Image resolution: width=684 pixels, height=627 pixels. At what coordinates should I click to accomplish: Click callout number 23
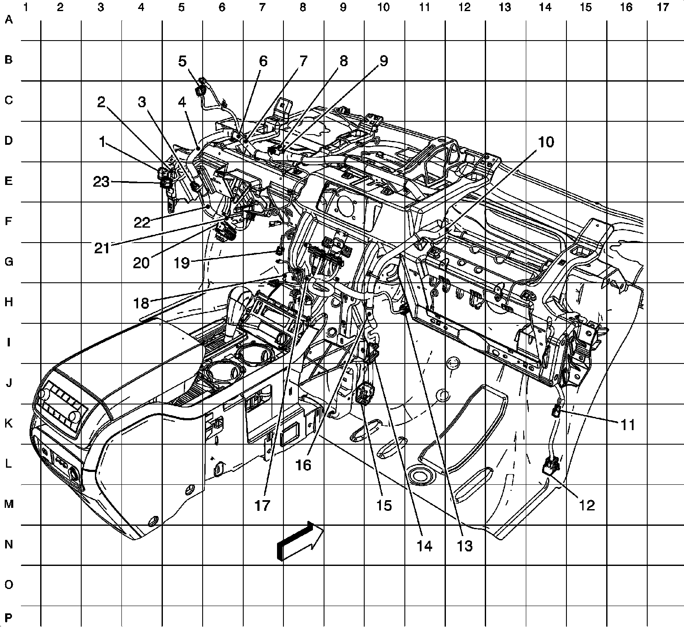click(x=101, y=182)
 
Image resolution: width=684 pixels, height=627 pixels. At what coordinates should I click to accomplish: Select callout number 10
click(x=545, y=142)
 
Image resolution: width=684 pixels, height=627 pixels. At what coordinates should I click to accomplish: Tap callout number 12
click(x=587, y=505)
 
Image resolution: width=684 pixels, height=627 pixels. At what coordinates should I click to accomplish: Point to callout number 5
click(x=183, y=62)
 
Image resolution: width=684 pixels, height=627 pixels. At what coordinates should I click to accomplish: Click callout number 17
click(x=262, y=505)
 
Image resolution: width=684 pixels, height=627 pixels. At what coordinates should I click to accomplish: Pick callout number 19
click(x=182, y=263)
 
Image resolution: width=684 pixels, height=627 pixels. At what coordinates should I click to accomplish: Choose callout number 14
click(x=425, y=546)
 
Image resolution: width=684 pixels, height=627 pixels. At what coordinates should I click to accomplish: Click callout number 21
click(x=102, y=248)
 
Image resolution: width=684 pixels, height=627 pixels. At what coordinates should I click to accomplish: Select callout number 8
click(x=343, y=62)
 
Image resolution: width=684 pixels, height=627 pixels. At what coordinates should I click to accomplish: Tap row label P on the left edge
click(x=9, y=617)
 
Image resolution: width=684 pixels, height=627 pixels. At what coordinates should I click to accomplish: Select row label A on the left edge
click(x=9, y=20)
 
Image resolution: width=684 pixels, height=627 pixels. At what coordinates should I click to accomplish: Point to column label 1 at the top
click(x=27, y=7)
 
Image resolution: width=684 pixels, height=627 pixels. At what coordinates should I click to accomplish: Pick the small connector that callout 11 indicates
click(x=556, y=412)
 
